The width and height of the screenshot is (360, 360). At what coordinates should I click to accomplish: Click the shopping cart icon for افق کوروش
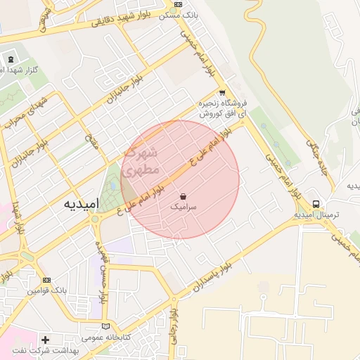click(222, 92)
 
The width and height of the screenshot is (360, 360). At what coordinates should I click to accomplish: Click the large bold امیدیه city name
click(79, 203)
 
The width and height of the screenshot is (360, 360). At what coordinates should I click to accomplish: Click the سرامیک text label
click(184, 208)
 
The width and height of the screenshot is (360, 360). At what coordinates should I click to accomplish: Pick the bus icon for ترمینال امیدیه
click(316, 202)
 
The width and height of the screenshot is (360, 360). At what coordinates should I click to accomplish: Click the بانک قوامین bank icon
click(47, 280)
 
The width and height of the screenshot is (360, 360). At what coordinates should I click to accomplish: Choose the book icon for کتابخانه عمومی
click(106, 326)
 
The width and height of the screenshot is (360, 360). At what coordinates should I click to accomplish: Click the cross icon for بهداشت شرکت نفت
click(45, 340)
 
